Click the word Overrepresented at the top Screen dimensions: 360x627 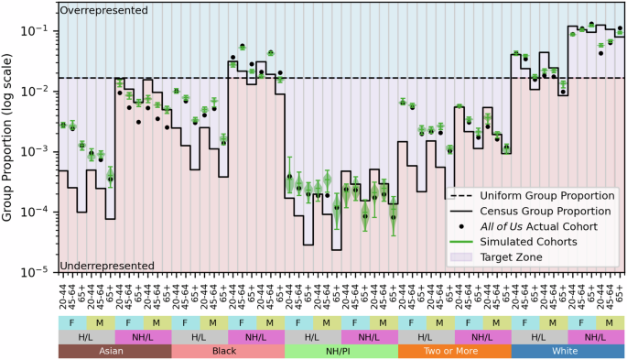(x=103, y=10)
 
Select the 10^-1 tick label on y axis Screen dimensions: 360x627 (x=40, y=31)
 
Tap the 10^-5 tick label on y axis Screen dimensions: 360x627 (x=40, y=272)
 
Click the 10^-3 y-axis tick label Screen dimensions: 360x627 (x=40, y=152)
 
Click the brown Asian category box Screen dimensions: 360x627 (x=114, y=352)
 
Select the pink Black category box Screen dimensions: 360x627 (x=227, y=352)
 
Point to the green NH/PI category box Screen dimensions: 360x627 (x=341, y=352)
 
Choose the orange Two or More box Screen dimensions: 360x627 (x=454, y=352)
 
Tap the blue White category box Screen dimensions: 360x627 (x=568, y=352)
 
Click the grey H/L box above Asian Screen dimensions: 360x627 (x=85, y=337)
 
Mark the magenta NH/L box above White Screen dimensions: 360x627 (x=596, y=337)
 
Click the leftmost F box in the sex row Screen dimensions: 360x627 (x=71, y=322)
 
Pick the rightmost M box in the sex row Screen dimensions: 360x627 (x=610, y=322)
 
